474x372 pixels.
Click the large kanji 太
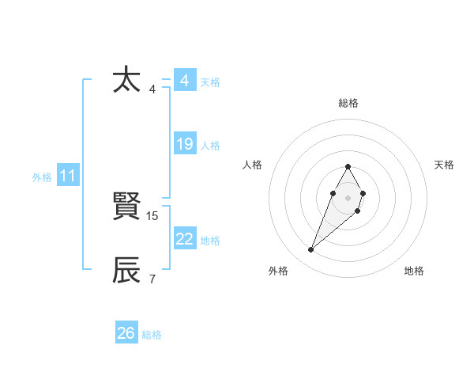[x=127, y=81]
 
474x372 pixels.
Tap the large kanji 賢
[x=127, y=207]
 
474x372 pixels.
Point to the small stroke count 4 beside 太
[x=152, y=89]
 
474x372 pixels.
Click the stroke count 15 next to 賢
[x=153, y=215]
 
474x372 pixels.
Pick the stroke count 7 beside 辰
[x=152, y=279]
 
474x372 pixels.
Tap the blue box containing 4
[x=185, y=81]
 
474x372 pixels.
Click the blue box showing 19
[x=185, y=144]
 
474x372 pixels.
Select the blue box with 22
[x=185, y=239]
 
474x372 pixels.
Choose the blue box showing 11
[x=68, y=176]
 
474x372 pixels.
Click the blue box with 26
[x=126, y=333]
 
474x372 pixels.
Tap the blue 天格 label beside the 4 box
[x=210, y=82]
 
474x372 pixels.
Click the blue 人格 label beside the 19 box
[x=210, y=145]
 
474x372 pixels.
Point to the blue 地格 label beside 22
[x=210, y=240]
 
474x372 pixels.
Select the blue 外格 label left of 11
[x=42, y=177]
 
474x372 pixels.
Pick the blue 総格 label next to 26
[x=152, y=335]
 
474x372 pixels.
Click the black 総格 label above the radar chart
[x=348, y=103]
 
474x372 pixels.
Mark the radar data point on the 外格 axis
[x=311, y=250]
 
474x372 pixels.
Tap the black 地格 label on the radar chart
[x=414, y=271]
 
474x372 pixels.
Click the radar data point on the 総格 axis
[x=348, y=166]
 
